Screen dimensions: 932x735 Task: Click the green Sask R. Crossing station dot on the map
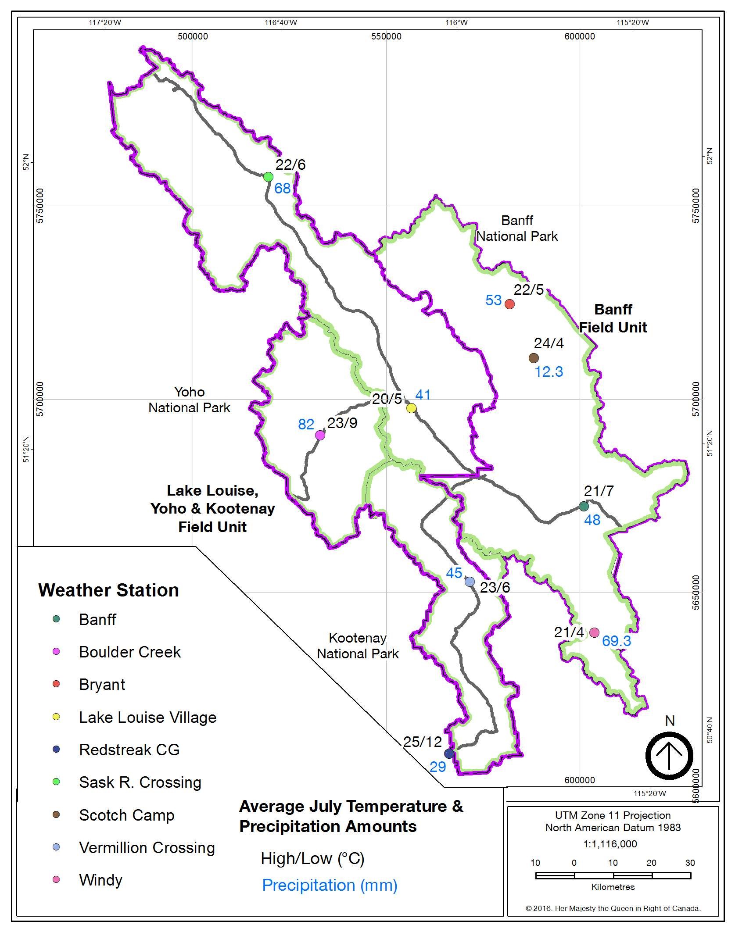coord(268,177)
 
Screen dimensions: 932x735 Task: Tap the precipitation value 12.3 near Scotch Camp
coord(549,372)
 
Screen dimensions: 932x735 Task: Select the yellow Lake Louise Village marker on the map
coord(411,408)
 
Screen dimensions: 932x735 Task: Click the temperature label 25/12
coord(422,742)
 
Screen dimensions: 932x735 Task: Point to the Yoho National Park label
coord(189,400)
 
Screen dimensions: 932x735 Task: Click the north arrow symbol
coord(669,756)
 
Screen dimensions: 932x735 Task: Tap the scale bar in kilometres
coord(613,875)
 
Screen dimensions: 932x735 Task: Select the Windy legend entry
coord(100,880)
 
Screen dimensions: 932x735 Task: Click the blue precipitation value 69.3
coord(616,641)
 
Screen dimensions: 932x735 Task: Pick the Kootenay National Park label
coord(358,646)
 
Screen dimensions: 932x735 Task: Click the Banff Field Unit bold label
coord(613,318)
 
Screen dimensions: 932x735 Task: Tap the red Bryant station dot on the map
coord(509,304)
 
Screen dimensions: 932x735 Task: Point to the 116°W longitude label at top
coord(456,23)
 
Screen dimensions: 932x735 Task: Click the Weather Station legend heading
coord(108,590)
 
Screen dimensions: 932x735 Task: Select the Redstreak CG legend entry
coord(129,750)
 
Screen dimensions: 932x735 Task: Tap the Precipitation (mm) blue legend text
coord(330,885)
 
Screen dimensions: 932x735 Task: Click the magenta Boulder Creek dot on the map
coord(320,435)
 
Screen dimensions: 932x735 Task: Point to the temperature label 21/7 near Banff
coord(598,491)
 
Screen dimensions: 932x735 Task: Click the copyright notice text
coord(613,908)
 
